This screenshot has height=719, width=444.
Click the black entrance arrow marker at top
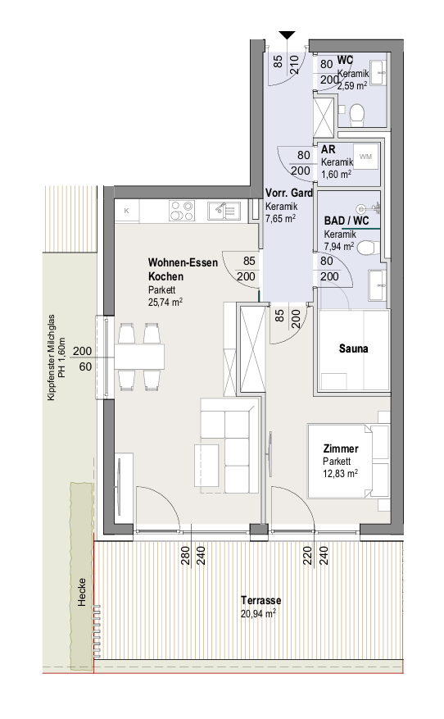[288, 35]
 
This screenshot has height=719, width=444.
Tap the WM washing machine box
[365, 157]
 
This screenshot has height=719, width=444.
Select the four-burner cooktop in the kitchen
[181, 211]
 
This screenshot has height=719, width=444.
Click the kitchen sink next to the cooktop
[224, 211]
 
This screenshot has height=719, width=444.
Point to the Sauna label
[353, 348]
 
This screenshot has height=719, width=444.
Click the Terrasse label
[261, 600]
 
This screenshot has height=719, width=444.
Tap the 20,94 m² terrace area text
[258, 613]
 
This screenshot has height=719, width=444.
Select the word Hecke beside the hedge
[82, 592]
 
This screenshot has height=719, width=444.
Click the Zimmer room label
[341, 449]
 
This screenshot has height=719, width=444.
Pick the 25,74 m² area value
[165, 303]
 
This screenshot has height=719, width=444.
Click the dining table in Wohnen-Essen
[139, 357]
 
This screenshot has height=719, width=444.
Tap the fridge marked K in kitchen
[127, 211]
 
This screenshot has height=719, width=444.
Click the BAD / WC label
[347, 221]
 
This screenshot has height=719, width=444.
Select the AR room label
[328, 149]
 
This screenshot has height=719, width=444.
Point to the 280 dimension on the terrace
[186, 555]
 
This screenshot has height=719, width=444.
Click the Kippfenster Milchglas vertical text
[51, 357]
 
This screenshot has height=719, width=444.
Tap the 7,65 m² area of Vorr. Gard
[281, 218]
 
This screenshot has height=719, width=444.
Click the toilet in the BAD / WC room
[368, 248]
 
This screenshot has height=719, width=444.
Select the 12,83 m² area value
[341, 473]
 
